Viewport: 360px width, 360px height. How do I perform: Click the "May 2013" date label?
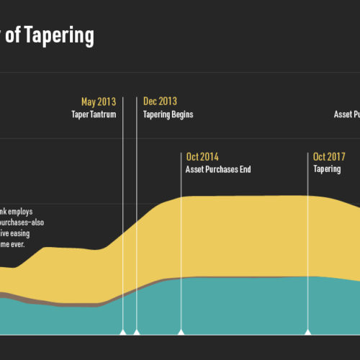click(x=99, y=102)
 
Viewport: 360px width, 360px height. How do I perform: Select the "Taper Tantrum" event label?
click(x=94, y=114)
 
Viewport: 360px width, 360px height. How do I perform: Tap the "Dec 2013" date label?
click(x=160, y=102)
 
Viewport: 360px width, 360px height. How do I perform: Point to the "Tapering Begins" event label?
click(x=168, y=114)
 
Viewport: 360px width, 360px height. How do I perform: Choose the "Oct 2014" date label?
click(x=202, y=157)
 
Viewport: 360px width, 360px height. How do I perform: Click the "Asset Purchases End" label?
click(x=218, y=170)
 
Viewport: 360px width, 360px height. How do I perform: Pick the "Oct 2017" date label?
click(x=330, y=157)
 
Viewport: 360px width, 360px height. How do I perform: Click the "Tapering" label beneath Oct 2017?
click(x=328, y=170)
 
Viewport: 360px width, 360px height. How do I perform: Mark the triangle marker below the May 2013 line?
click(x=122, y=332)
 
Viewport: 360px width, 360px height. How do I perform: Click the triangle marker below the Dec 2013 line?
click(x=136, y=332)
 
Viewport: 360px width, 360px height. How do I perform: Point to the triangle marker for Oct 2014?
click(x=181, y=332)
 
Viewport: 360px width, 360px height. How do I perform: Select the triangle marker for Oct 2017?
click(x=308, y=332)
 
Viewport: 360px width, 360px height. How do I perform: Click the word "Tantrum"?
click(x=103, y=114)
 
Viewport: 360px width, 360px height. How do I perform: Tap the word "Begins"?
click(x=183, y=114)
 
